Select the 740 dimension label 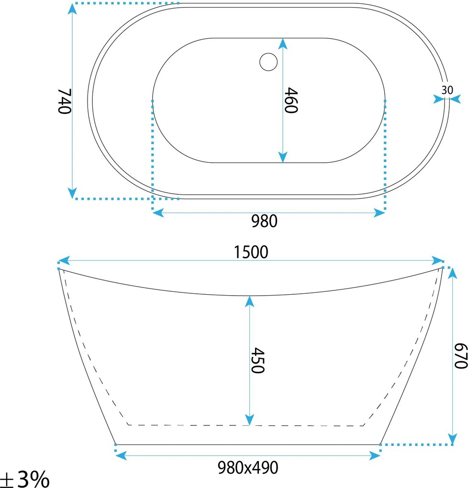point(65,101)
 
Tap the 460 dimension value point(291,100)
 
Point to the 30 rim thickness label point(447,90)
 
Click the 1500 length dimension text point(251,252)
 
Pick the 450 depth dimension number point(258,360)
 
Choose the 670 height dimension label point(461,356)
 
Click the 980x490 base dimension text point(248,467)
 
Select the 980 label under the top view point(264,222)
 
